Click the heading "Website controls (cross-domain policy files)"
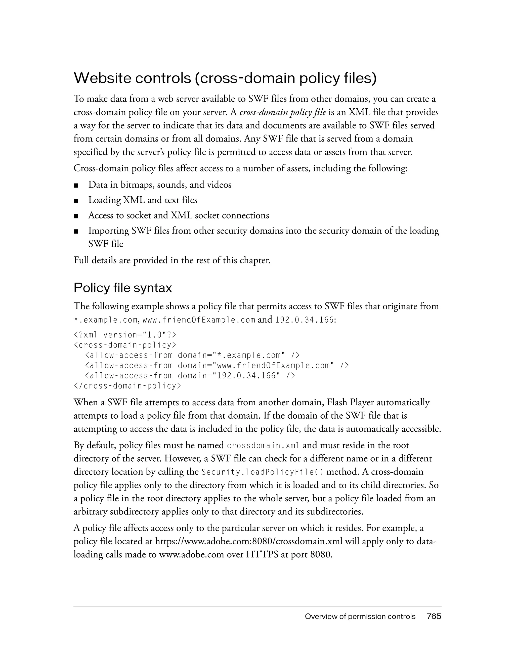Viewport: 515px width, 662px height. (x=225, y=78)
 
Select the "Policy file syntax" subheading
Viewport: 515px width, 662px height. (x=122, y=288)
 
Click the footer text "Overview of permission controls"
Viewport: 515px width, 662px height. (x=360, y=616)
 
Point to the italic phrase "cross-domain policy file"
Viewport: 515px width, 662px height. (x=282, y=112)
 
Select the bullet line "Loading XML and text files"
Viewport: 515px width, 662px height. (x=143, y=200)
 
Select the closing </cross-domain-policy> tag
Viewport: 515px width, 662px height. (x=127, y=386)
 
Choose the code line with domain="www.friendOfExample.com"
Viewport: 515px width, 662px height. (x=217, y=366)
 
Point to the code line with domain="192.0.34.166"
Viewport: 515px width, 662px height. (x=190, y=376)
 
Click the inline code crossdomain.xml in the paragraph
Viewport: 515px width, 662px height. (x=263, y=446)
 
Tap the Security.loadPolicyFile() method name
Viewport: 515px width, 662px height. (x=263, y=472)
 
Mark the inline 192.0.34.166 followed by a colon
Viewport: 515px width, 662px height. (x=304, y=320)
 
